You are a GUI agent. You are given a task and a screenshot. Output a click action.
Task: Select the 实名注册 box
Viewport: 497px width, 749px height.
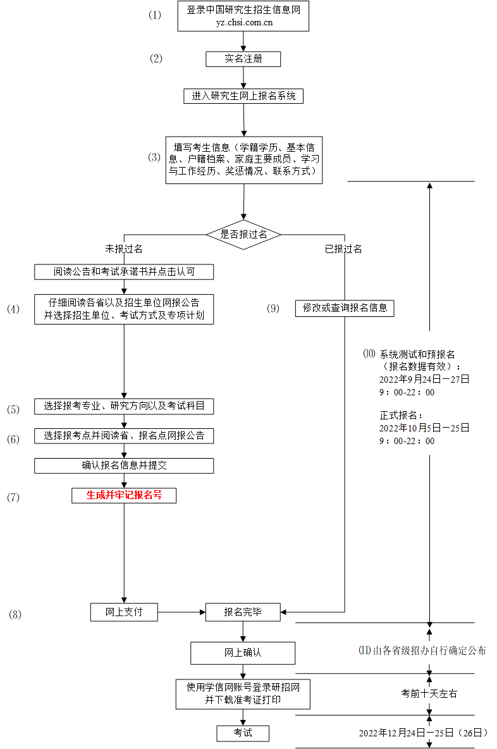(x=243, y=59)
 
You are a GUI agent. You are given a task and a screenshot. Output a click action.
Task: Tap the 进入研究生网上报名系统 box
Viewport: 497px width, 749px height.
(x=243, y=96)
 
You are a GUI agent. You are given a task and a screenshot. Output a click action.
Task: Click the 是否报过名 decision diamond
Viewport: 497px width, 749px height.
(x=243, y=234)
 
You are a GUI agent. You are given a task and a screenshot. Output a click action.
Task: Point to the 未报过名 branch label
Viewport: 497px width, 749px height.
(x=124, y=249)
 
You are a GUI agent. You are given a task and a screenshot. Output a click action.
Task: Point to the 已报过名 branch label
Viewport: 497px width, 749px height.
(x=343, y=249)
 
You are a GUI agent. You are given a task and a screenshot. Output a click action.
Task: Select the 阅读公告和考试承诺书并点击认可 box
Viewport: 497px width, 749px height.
(x=124, y=272)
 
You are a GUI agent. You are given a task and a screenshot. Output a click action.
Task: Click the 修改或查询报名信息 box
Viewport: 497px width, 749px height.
(x=345, y=308)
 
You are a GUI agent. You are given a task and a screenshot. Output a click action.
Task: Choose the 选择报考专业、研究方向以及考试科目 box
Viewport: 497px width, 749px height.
(x=124, y=406)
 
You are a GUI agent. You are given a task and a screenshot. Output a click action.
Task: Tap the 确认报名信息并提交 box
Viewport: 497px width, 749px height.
(x=124, y=466)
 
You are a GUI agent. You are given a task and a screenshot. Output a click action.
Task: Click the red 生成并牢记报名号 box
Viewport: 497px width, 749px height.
(x=124, y=495)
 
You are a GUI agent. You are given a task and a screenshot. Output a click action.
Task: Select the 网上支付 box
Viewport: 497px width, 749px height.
(x=124, y=612)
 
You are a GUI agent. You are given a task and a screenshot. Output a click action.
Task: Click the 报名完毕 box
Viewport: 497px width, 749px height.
(x=243, y=612)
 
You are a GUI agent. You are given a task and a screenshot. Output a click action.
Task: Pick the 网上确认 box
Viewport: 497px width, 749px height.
(x=243, y=653)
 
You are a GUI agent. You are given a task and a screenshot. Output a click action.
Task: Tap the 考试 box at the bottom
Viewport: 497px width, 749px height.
(x=243, y=733)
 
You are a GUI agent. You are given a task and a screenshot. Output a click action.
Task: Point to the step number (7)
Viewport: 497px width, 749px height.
(x=13, y=497)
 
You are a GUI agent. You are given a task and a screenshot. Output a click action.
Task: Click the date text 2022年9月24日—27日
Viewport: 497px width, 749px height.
(x=424, y=380)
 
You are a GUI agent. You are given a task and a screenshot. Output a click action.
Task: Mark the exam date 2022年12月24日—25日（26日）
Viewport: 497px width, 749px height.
(x=423, y=733)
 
